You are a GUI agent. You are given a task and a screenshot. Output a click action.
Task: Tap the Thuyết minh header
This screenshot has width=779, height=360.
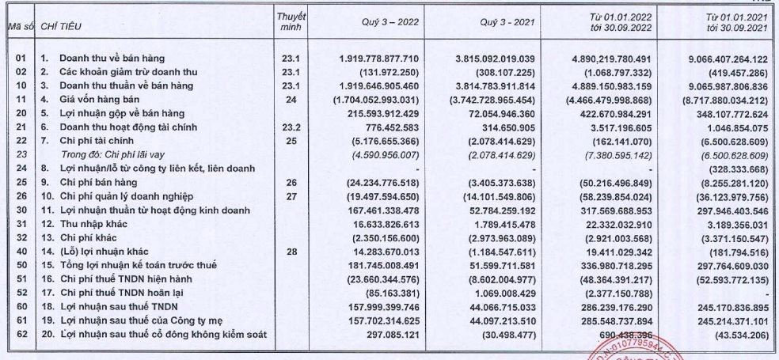[x=291, y=22]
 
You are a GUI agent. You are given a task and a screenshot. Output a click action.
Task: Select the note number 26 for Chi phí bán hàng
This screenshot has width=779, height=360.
[x=291, y=182]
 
